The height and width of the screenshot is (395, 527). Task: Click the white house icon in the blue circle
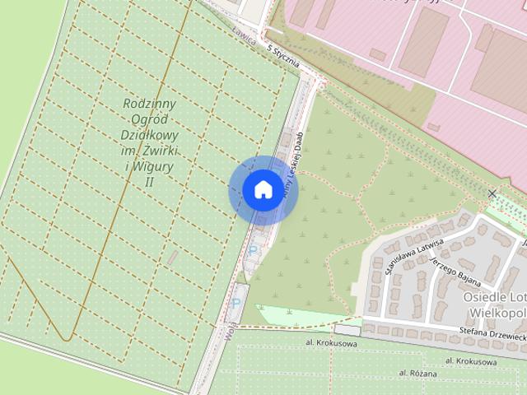point(262,189)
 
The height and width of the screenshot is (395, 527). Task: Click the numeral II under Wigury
point(150,182)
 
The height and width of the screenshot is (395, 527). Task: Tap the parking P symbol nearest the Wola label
point(236,303)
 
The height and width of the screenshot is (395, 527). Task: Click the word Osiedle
point(485,297)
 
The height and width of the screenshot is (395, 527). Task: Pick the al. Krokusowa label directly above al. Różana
point(472,360)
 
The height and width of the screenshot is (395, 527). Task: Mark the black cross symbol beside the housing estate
point(492,193)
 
